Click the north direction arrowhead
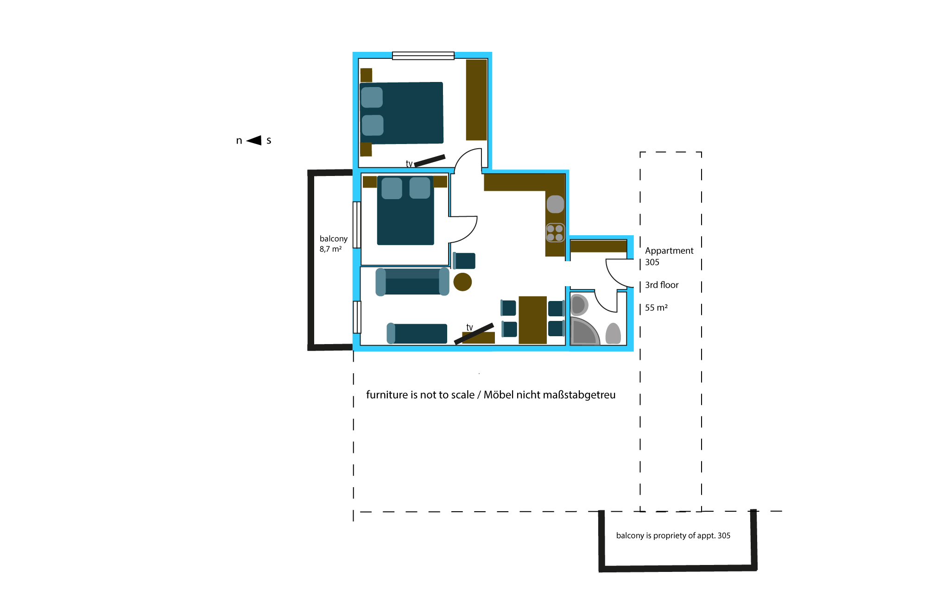[x=254, y=140]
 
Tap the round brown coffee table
[x=462, y=282]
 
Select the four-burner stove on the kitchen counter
[x=555, y=233]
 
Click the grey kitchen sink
[x=555, y=204]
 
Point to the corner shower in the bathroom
[x=584, y=332]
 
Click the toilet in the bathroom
[x=613, y=333]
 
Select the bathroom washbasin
[x=579, y=305]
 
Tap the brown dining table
[x=533, y=320]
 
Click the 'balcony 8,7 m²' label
[x=333, y=244]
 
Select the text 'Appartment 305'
[x=669, y=256]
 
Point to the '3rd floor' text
[x=662, y=285]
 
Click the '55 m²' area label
[x=656, y=307]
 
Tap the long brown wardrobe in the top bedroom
[x=476, y=100]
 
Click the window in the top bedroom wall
[x=423, y=56]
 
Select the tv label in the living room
[x=469, y=327]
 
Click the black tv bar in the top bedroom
[x=430, y=161]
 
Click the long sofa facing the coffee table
[x=412, y=282]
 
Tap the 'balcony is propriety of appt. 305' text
[x=673, y=536]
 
